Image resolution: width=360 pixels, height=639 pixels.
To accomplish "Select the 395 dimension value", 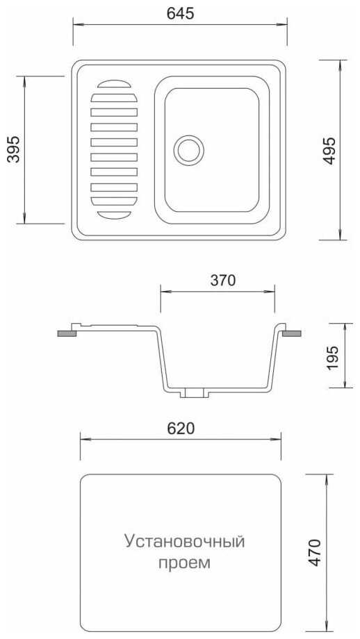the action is point(13,149).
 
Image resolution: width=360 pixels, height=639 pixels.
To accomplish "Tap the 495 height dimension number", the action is point(329,151).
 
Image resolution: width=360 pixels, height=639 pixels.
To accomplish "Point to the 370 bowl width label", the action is point(222,281).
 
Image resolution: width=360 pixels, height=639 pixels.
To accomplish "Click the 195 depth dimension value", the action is point(332,358).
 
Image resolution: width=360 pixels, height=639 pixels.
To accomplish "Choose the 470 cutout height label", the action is point(314,552).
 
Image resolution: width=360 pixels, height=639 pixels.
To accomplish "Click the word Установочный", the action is point(185,542).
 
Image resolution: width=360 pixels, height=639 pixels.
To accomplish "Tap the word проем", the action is point(184,563).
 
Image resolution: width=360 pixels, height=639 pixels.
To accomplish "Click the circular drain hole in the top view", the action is point(189,150).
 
